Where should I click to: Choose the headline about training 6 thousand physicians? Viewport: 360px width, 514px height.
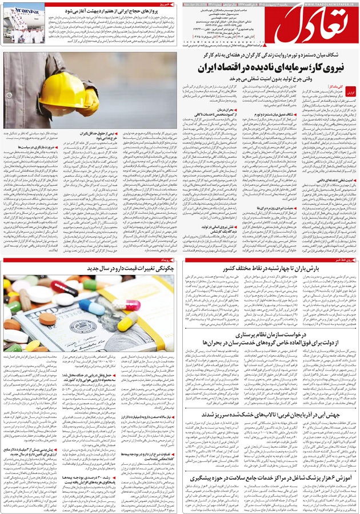click(x=269, y=460)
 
